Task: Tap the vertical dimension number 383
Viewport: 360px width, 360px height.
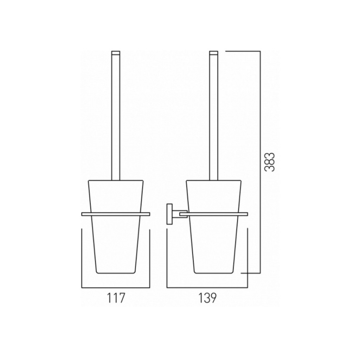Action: [270, 162]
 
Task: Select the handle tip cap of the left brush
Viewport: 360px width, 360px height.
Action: [116, 53]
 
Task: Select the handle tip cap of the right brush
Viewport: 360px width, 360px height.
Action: [214, 53]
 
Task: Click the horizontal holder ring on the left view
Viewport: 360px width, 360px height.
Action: [116, 213]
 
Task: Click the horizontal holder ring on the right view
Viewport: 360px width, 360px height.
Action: [214, 213]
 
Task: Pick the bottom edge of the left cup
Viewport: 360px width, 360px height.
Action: [116, 273]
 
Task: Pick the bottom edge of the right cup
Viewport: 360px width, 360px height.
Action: [214, 273]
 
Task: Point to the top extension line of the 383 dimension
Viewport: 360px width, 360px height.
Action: [243, 51]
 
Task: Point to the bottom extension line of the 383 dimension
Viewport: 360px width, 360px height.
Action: [250, 273]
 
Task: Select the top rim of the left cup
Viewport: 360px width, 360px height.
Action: [116, 180]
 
